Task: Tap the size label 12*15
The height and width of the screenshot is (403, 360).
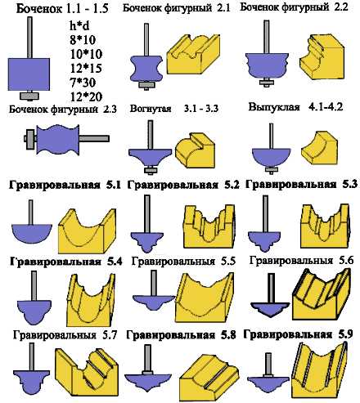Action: (86, 68)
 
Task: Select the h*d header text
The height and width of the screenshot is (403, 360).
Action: (79, 26)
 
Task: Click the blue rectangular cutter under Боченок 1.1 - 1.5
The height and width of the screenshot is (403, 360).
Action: (29, 74)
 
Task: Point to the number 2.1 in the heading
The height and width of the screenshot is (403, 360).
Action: (223, 8)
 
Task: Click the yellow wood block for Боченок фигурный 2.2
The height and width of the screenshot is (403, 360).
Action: (321, 58)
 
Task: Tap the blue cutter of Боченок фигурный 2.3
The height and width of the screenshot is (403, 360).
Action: (58, 139)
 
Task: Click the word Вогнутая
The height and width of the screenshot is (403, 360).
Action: (151, 109)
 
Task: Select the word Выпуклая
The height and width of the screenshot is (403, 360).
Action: (274, 107)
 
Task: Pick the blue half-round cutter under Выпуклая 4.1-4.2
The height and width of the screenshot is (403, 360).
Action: (271, 157)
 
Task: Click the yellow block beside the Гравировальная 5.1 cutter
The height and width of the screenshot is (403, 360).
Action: (88, 231)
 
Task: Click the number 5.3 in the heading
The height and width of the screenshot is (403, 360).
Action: (350, 185)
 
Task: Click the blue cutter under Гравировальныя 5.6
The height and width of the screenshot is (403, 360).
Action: (270, 309)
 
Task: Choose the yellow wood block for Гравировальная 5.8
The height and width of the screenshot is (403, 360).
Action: (209, 378)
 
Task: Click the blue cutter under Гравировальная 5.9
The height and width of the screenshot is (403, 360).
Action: (268, 385)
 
